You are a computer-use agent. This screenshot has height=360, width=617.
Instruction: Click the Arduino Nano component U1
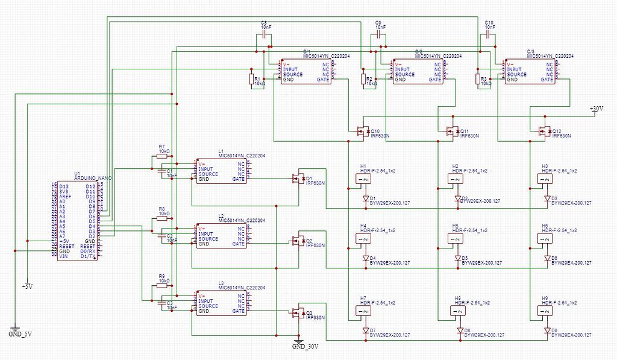[78, 218]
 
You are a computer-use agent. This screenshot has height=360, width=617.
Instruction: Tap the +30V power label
[596, 109]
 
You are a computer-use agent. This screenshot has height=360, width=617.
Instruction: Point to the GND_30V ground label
[305, 346]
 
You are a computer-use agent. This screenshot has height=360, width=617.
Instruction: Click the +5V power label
[27, 286]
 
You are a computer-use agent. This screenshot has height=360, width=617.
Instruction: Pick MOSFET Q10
[363, 130]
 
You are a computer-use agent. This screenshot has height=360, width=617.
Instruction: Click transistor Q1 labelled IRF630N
[298, 178]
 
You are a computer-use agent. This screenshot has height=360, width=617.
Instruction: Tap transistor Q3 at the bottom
[298, 312]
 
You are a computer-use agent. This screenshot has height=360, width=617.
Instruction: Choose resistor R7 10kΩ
[163, 156]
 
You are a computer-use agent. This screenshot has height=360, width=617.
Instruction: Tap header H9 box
[547, 311]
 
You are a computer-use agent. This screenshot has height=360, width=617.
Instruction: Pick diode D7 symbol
[365, 330]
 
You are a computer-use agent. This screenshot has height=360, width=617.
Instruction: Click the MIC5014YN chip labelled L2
[221, 236]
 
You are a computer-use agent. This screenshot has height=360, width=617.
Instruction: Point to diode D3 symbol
[547, 198]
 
